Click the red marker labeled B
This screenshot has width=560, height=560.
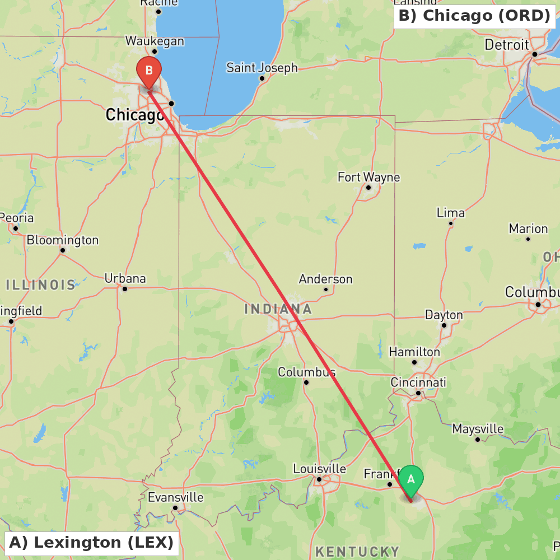coord(149,71)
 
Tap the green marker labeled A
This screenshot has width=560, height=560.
coord(411,480)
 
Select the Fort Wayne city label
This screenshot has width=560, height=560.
coord(368,178)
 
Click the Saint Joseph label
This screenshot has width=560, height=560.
coord(262,68)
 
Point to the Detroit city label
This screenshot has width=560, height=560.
coord(507,45)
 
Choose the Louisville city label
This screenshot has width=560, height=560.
coord(320,469)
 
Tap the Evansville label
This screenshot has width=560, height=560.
coord(175,497)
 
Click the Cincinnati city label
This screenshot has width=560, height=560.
coord(419,382)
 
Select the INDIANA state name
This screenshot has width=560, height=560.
coord(278,309)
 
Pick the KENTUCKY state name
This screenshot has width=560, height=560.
coord(357,552)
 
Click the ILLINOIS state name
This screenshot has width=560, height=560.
coord(41,284)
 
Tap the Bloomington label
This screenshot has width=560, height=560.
coord(63,240)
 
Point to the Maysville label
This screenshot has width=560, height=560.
coord(478,429)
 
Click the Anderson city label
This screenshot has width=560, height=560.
coord(325,279)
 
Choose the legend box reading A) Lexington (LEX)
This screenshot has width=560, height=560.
coord(91,543)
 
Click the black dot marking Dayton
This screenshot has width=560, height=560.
coord(444,325)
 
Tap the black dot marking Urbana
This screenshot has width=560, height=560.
coord(125,289)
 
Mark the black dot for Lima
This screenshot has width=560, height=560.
coord(451,223)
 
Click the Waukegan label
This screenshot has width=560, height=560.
coord(155,41)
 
